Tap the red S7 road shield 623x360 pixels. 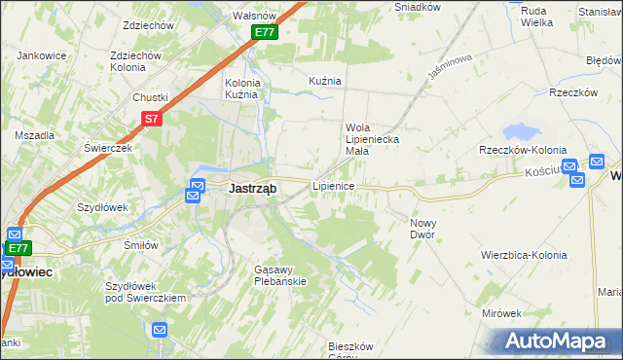pyautogui.click(x=151, y=119)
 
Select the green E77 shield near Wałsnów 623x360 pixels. pyautogui.click(x=265, y=32)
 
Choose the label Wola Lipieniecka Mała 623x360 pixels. pyautogui.click(x=371, y=133)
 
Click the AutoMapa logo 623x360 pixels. pyautogui.click(x=561, y=340)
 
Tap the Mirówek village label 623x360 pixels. pyautogui.click(x=502, y=313)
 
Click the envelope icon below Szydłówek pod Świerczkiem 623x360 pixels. pyautogui.click(x=161, y=332)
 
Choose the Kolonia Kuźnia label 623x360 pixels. pyautogui.click(x=242, y=89)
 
